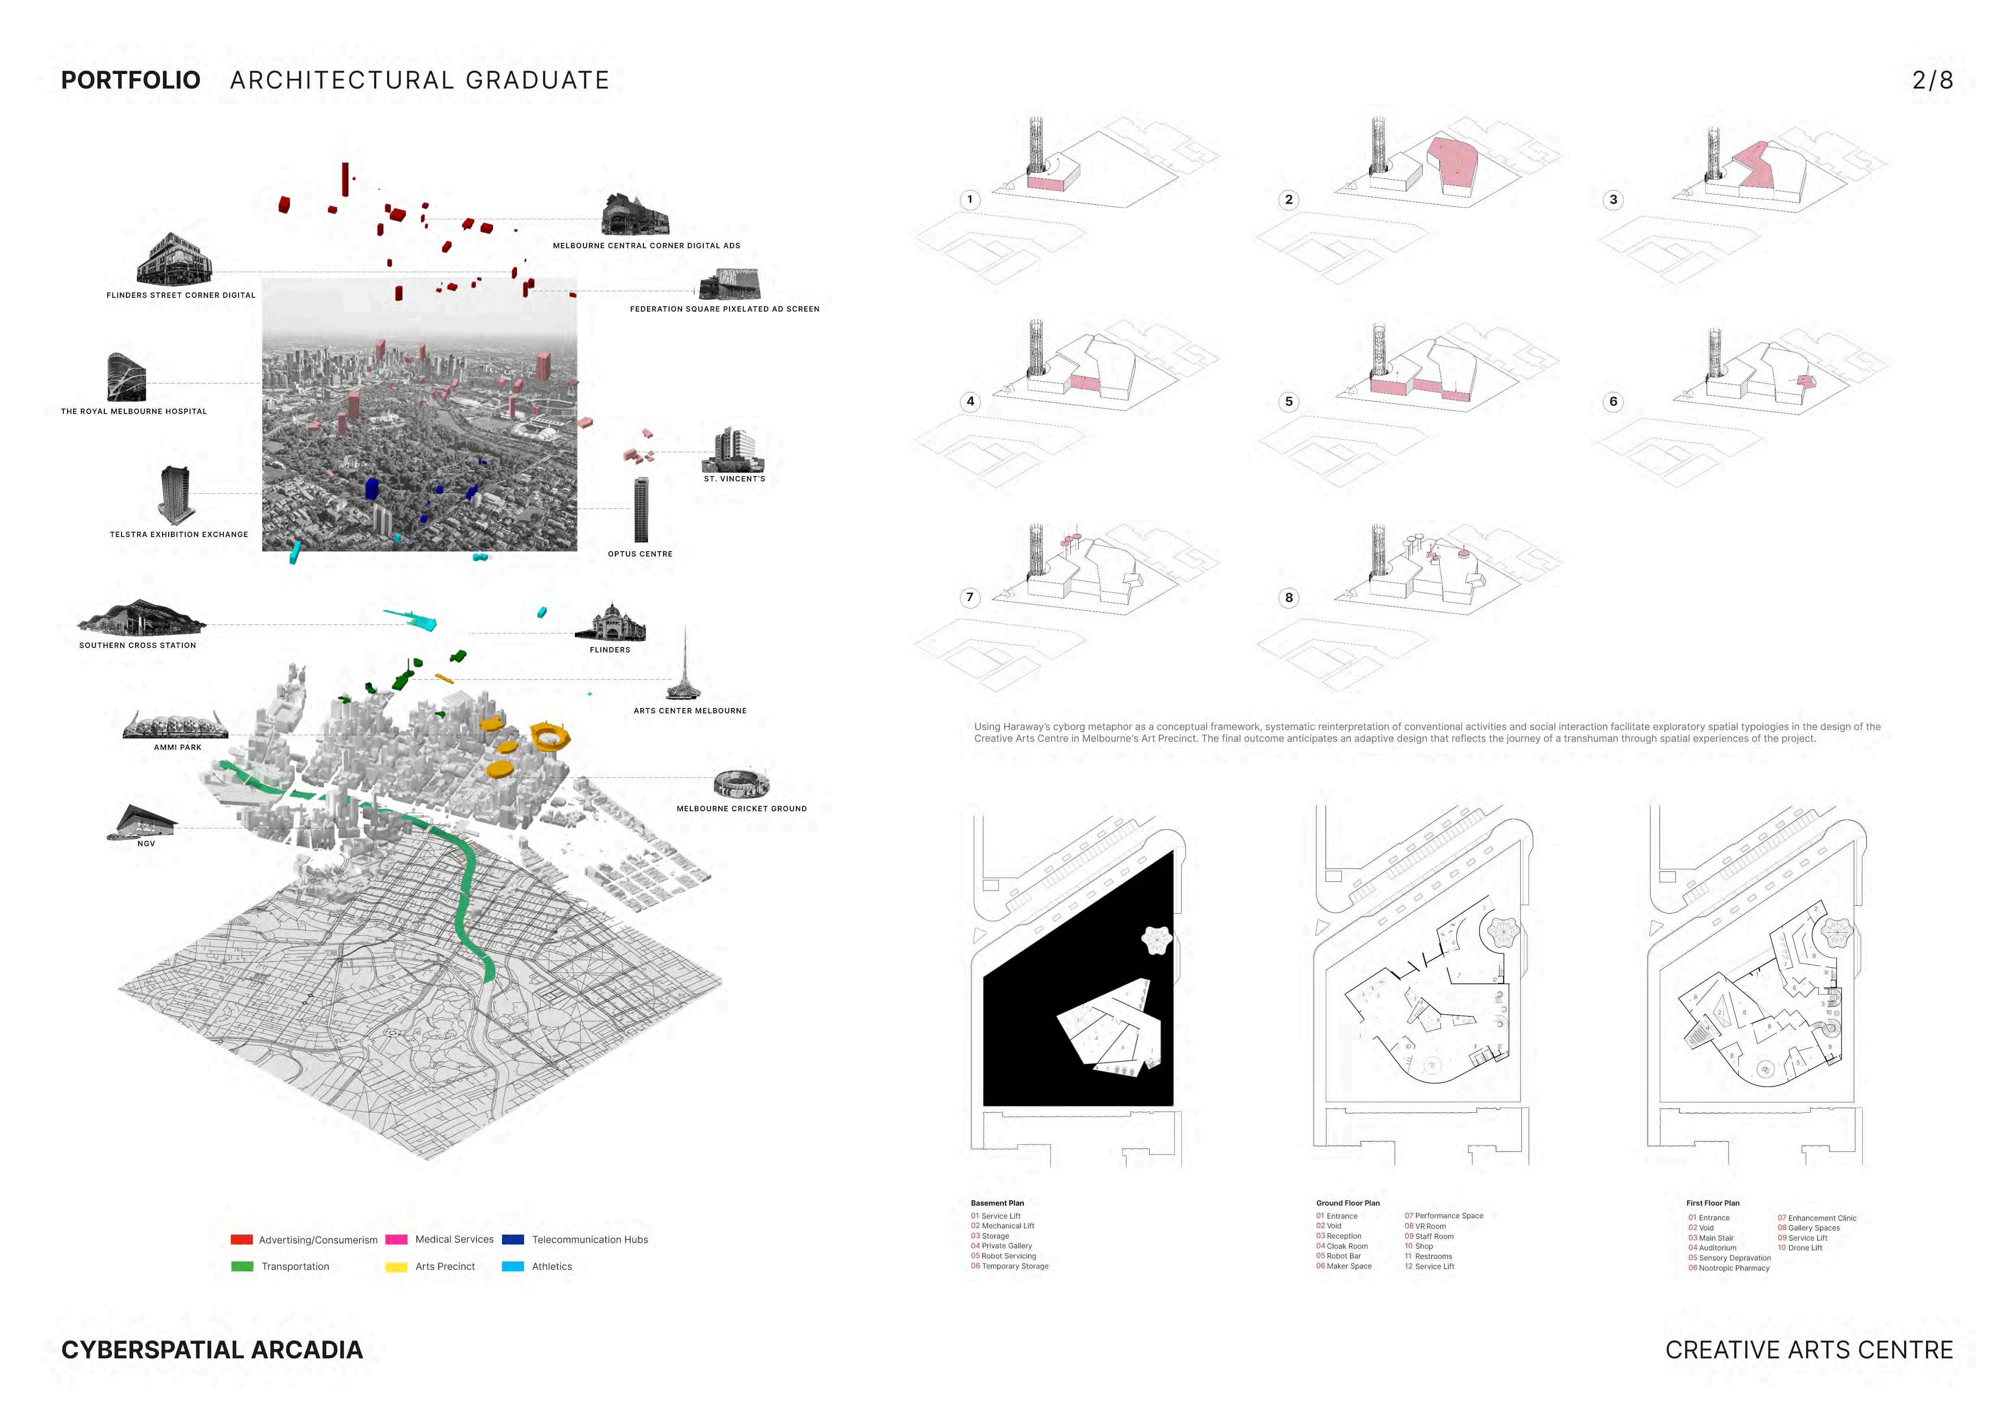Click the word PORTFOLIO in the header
coord(131,80)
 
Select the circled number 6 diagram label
coord(1613,402)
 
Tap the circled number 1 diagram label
coord(970,199)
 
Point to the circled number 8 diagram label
coord(1288,598)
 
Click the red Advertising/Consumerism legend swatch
coord(241,1240)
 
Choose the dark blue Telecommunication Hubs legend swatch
coord(513,1240)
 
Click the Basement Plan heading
coord(997,1203)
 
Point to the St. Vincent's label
coord(734,479)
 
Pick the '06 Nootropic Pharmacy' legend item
coord(1729,1268)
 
